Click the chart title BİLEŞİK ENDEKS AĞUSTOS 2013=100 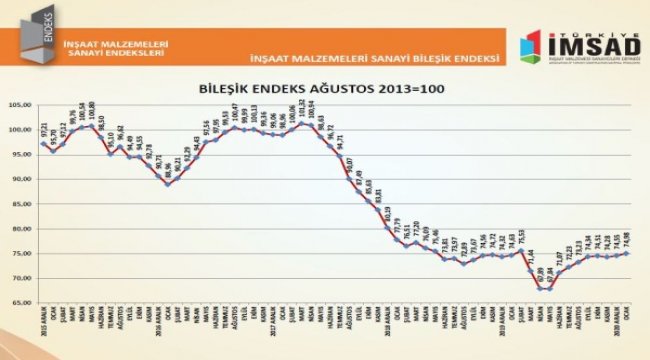[325, 89]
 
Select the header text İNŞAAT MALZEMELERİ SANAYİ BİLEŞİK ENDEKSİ [374, 58]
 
